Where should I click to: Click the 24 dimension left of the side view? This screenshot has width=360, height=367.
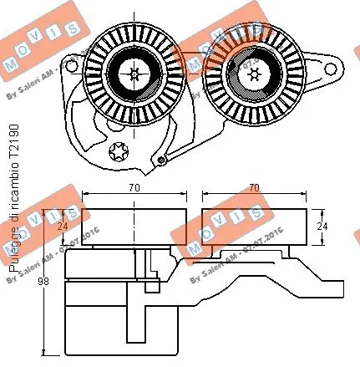pos(60,224)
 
